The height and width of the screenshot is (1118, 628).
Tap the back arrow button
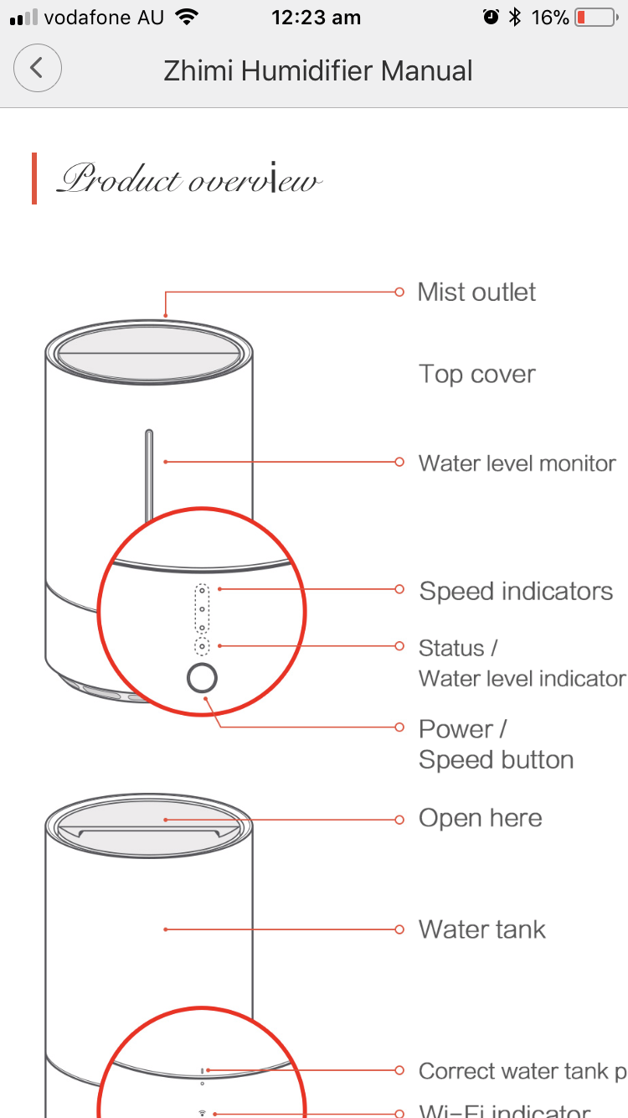pyautogui.click(x=37, y=69)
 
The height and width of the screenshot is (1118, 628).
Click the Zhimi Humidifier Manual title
pyautogui.click(x=318, y=70)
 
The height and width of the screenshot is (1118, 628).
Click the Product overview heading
pyautogui.click(x=188, y=179)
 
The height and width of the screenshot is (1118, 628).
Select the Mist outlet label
pyautogui.click(x=476, y=292)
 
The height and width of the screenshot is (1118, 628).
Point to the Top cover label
pyautogui.click(x=476, y=374)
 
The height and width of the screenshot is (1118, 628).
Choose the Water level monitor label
pyautogui.click(x=517, y=463)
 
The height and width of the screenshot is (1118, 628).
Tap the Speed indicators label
pyautogui.click(x=516, y=591)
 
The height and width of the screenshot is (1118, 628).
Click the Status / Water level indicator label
pyautogui.click(x=521, y=663)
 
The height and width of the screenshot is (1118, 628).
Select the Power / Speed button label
pyautogui.click(x=496, y=744)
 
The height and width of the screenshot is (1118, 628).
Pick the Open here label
pyautogui.click(x=480, y=818)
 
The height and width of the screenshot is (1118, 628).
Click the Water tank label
pyautogui.click(x=481, y=929)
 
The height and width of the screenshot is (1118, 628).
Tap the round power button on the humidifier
pyautogui.click(x=202, y=679)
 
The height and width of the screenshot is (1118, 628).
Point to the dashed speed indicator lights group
pyautogui.click(x=202, y=608)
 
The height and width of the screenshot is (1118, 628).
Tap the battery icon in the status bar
pyautogui.click(x=595, y=18)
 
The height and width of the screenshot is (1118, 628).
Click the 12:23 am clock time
pyautogui.click(x=316, y=18)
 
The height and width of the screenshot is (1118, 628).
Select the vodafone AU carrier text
pyautogui.click(x=103, y=18)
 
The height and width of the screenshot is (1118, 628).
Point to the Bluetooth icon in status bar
pyautogui.click(x=515, y=18)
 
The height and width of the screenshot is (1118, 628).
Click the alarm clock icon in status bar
pyautogui.click(x=491, y=18)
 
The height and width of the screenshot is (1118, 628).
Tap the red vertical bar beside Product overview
pyautogui.click(x=34, y=179)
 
